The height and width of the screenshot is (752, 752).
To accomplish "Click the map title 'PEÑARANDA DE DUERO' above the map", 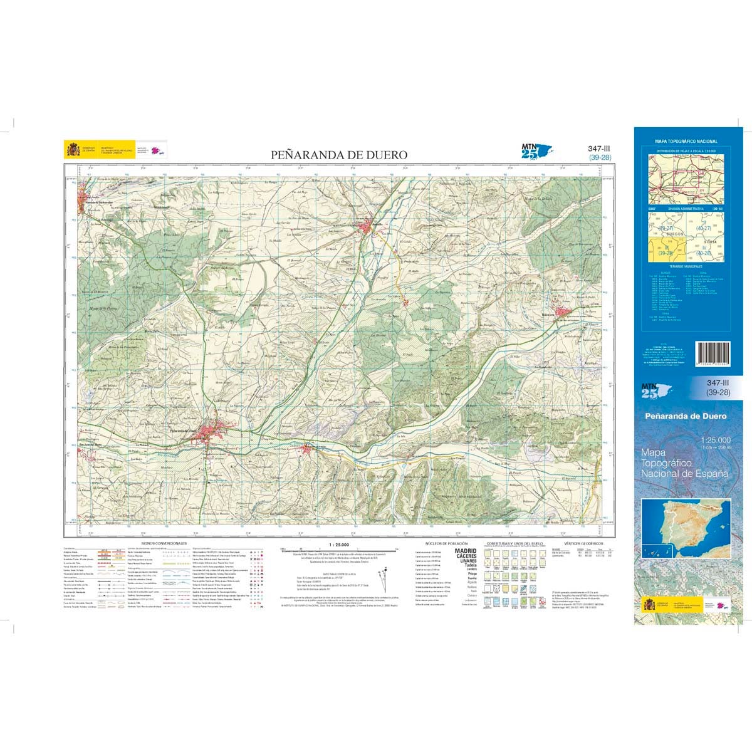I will (339, 155).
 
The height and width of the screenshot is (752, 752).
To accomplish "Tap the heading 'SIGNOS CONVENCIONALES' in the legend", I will (164, 543).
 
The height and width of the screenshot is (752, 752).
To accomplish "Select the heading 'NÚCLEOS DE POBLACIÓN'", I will (446, 543).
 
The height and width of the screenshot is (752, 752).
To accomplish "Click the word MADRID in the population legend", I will (466, 550).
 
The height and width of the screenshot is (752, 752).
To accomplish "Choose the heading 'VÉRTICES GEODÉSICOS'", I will (583, 543).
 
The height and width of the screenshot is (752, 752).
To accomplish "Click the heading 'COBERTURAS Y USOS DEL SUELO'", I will (514, 543).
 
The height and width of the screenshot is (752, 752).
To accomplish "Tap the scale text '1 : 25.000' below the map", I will (339, 543).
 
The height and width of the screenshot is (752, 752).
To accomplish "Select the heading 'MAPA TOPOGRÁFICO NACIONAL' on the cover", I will (686, 142).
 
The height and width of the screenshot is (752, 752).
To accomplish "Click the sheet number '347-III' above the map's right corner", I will (598, 149).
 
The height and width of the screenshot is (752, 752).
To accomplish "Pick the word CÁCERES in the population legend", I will (466, 556).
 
